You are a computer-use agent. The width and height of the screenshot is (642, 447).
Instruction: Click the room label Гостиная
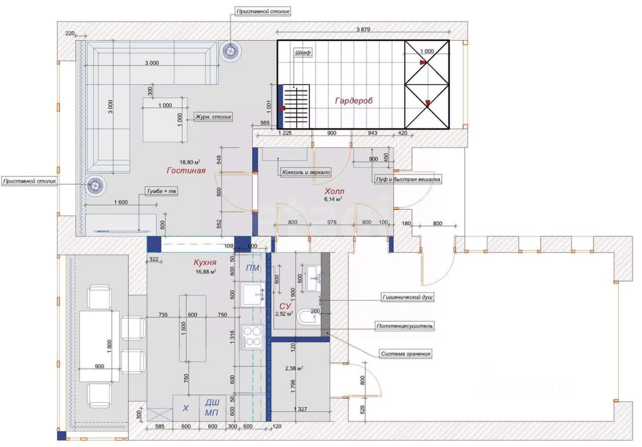click(186, 171)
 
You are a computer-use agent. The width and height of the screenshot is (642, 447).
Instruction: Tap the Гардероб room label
click(354, 101)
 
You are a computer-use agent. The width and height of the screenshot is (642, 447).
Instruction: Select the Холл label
click(334, 191)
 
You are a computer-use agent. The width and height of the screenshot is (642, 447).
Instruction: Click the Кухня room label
click(205, 262)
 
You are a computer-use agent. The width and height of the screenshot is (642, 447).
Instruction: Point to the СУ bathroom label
click(285, 306)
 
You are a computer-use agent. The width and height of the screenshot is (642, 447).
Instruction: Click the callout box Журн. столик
click(213, 117)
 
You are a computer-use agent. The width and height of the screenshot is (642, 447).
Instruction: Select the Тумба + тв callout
click(162, 191)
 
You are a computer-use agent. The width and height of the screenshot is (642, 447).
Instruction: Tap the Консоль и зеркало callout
click(306, 172)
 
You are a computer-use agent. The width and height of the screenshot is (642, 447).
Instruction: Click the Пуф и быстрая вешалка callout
click(408, 180)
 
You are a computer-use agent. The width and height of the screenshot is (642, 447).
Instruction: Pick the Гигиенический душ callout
click(407, 297)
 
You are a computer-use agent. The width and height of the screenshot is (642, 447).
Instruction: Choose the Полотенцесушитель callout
click(404, 326)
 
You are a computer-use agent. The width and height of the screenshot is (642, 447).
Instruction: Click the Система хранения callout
click(405, 354)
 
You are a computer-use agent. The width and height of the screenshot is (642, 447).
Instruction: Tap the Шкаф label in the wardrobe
click(302, 53)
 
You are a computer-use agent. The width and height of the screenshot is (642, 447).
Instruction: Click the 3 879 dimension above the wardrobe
click(363, 29)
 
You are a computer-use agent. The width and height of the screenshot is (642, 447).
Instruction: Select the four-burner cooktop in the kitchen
click(252, 337)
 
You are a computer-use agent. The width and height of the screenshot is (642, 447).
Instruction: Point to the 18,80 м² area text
click(190, 162)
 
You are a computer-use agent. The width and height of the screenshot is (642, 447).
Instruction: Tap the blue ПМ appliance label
click(252, 268)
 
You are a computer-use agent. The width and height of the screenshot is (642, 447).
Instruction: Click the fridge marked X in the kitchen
click(186, 408)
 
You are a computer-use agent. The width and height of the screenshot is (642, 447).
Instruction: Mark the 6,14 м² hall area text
click(333, 199)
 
